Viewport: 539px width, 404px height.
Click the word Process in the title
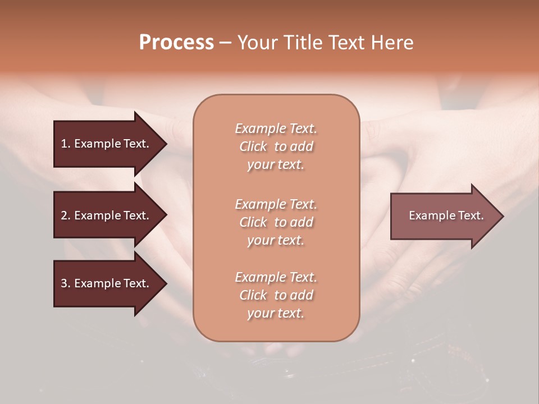176,43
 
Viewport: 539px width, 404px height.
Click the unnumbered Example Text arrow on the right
446,215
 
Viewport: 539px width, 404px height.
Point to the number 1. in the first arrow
65,144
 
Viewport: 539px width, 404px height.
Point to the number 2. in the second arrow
65,215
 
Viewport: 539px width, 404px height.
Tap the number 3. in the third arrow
65,283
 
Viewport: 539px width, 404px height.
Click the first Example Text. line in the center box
276,128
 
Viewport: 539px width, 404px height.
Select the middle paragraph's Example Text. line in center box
276,204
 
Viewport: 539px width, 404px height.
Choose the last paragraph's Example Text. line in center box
276,277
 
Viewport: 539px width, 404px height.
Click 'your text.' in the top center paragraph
276,165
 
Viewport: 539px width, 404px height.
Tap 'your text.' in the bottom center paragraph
276,314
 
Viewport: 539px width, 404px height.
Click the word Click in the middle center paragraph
253,222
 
